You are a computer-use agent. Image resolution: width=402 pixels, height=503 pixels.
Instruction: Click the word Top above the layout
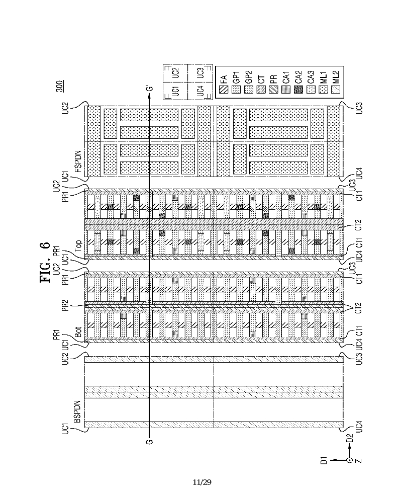[x=78, y=246]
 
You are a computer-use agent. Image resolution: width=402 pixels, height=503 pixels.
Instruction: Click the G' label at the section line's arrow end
[x=149, y=90]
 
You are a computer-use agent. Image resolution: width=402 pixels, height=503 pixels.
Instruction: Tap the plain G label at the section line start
[x=149, y=442]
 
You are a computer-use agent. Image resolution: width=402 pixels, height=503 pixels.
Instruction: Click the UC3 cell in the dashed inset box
[x=199, y=72]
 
